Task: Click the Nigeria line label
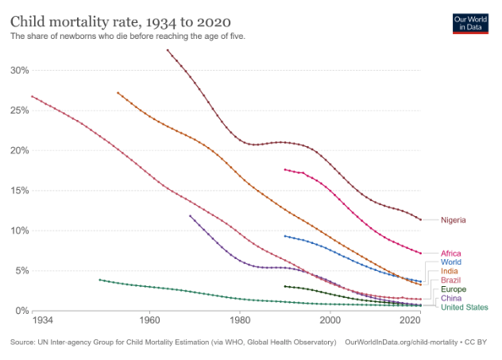453,220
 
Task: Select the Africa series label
450,254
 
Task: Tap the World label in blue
450,262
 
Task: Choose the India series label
449,272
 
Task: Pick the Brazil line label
450,281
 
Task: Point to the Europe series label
453,289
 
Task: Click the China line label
450,298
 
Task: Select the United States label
464,308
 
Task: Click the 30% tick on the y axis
19,70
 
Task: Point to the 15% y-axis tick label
19,191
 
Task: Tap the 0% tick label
21,311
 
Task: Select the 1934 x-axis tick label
43,320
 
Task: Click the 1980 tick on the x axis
239,320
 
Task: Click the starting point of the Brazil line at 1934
33,96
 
